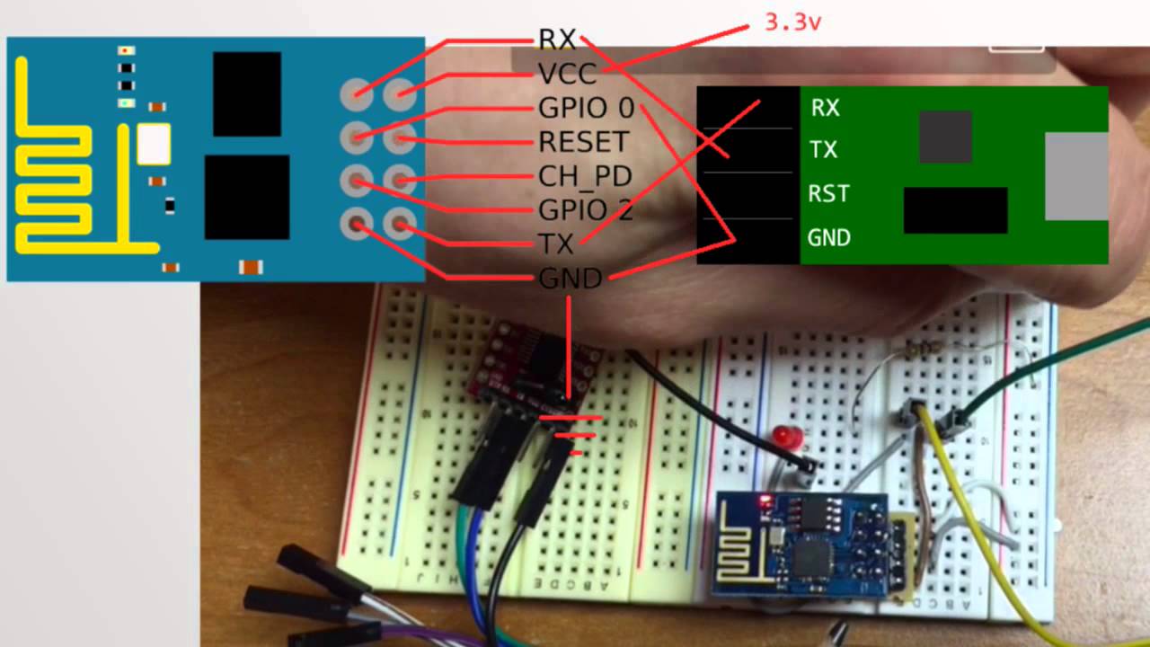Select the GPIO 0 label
pyautogui.click(x=586, y=109)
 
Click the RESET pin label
pyautogui.click(x=582, y=142)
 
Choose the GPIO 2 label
pyautogui.click(x=585, y=210)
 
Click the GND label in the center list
pyautogui.click(x=570, y=279)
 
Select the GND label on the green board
pyautogui.click(x=828, y=238)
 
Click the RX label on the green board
pyautogui.click(x=825, y=108)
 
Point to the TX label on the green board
pyautogui.click(x=823, y=150)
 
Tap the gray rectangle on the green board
pyautogui.click(x=1076, y=176)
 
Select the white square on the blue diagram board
pyautogui.click(x=154, y=145)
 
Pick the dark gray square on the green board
pyautogui.click(x=945, y=137)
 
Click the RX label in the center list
pyautogui.click(x=556, y=39)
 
